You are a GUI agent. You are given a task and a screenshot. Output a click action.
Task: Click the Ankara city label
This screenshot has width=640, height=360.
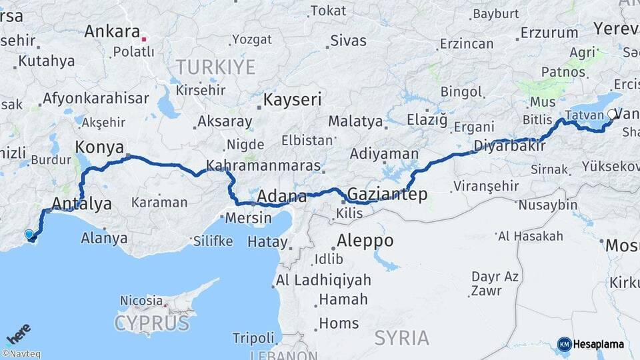(112, 32)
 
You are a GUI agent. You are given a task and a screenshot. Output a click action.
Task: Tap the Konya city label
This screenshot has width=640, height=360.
(99, 147)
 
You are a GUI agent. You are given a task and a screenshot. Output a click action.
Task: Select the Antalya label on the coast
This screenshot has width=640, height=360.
(81, 204)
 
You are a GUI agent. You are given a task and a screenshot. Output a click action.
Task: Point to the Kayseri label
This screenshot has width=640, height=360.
(293, 100)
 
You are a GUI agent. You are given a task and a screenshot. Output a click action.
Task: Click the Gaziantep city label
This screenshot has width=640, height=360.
(387, 194)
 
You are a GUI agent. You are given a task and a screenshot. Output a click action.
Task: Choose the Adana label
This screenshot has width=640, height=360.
(281, 196)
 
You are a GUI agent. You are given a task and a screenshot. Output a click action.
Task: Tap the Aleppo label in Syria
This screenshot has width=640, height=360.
(365, 240)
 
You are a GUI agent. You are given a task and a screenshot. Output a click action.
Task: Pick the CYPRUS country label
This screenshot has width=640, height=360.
(151, 323)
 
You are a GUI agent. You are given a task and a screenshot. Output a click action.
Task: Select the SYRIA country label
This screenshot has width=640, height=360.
(401, 337)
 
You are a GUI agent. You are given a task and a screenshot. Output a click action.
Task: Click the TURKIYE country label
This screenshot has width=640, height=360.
(215, 67)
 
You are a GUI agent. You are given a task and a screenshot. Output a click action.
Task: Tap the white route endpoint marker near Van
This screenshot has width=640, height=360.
(613, 114)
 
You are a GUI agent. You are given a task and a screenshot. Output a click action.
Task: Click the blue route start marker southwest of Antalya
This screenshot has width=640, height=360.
(29, 234)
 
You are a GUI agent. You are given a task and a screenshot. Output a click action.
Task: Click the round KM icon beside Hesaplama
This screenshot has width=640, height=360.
(564, 344)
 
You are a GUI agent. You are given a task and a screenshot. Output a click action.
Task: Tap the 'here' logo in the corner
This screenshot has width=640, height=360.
(18, 333)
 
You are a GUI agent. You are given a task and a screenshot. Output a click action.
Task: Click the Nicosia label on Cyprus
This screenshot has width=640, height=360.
(141, 301)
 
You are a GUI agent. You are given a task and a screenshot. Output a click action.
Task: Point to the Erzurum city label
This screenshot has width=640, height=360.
(549, 32)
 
